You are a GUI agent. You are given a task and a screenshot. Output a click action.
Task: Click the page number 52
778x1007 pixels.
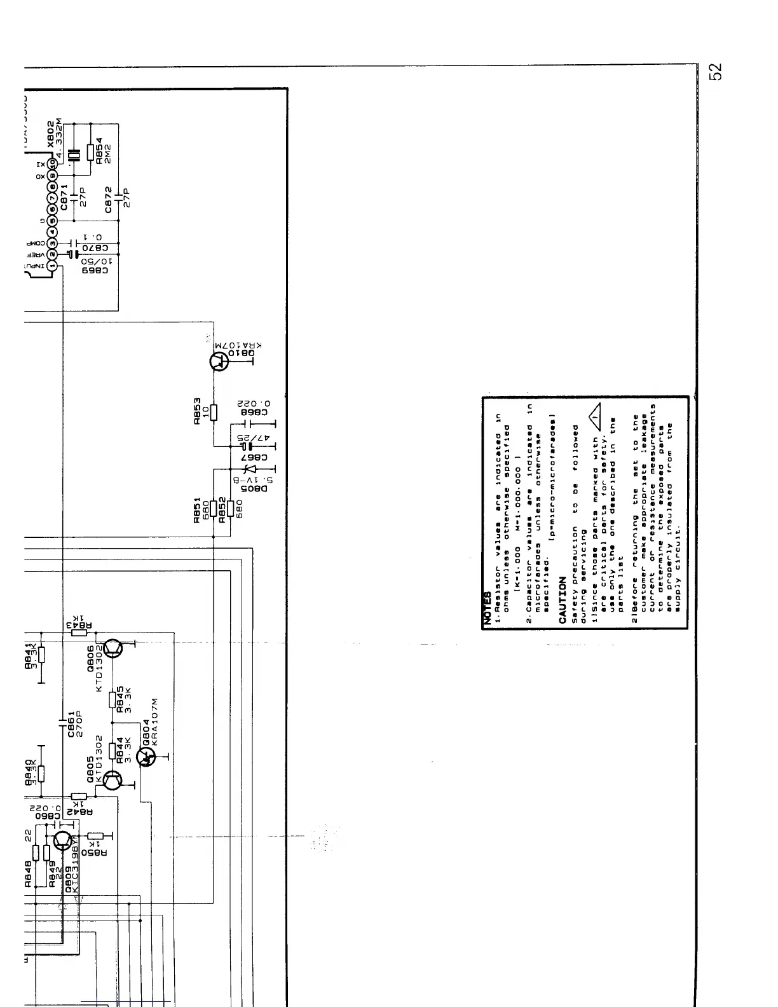pos(716,72)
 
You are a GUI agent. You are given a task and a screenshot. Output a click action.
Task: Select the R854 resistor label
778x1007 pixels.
pos(99,151)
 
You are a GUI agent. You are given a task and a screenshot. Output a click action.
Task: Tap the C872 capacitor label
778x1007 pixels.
pos(109,198)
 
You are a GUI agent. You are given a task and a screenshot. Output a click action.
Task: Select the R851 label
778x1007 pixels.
pos(198,510)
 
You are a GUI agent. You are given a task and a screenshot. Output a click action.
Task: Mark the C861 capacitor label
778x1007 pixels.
pos(72,723)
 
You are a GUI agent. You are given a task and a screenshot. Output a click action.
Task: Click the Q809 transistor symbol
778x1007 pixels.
pos(63,841)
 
